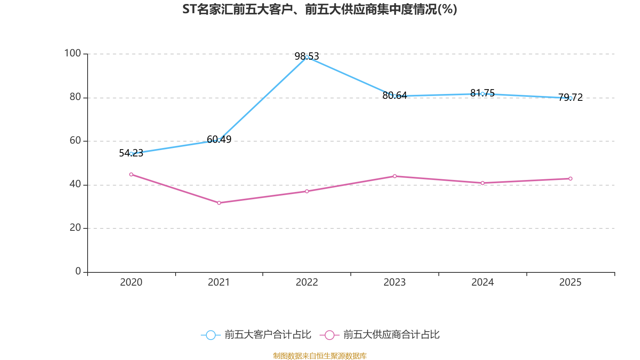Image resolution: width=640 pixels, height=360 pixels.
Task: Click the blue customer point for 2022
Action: pos(307,57)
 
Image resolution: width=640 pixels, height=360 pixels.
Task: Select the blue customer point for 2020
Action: pos(131,154)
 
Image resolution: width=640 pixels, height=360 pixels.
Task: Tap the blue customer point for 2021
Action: pos(219,140)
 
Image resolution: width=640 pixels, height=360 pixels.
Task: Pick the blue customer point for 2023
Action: pos(395,96)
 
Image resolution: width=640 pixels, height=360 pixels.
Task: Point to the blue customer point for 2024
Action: pos(482,94)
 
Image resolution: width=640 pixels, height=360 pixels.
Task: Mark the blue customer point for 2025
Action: pos(570,98)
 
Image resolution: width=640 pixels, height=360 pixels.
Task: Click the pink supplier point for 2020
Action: pos(131,174)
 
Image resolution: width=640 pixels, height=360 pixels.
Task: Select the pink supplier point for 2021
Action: pos(219,203)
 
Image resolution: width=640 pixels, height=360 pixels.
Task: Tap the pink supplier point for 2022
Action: pos(307,191)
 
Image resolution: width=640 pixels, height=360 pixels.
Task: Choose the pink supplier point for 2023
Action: pos(395,176)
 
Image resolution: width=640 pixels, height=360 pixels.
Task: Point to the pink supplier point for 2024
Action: pos(482,183)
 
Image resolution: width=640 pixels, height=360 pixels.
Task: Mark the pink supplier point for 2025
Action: pos(570,178)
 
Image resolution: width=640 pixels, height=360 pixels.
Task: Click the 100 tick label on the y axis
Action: pos(72,53)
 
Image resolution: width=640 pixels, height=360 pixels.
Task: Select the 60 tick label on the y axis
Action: pos(75,140)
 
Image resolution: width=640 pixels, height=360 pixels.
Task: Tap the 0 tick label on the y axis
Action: pos(78,271)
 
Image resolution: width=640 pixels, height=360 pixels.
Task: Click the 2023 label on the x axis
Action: pos(394,282)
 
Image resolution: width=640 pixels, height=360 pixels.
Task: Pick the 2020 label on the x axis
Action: pos(131,282)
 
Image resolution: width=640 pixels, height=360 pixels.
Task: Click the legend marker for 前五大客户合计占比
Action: pos(210,335)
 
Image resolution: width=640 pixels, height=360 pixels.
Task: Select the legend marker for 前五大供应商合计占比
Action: pos(329,335)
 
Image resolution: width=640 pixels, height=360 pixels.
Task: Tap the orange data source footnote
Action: pos(320,356)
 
